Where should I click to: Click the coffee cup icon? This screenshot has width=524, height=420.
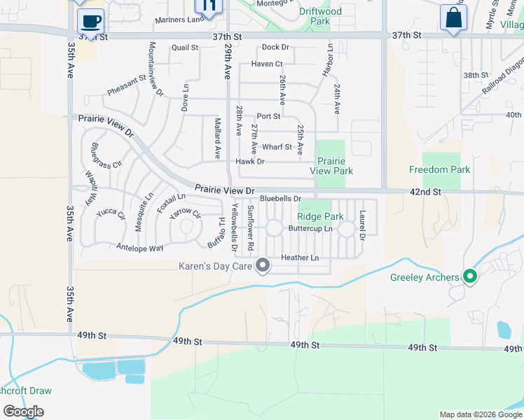coord(90,20)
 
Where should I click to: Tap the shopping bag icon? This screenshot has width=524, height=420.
coord(453,17)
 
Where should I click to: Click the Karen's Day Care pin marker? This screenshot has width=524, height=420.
coord(263,265)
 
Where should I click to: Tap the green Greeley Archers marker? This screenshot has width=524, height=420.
coord(470,277)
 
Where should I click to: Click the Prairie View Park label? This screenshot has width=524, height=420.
coord(330,165)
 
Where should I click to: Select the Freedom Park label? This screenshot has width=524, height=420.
coord(439,169)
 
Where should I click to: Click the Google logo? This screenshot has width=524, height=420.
coord(23,412)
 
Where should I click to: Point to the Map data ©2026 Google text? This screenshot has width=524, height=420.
coord(480,414)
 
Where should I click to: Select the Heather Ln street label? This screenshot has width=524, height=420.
coord(300,258)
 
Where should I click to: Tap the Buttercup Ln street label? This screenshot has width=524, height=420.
coord(310,228)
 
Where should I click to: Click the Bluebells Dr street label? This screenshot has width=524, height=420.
coord(280,199)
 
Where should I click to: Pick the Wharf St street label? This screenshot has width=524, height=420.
coord(277,147)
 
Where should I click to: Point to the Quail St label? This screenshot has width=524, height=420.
coord(185,48)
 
